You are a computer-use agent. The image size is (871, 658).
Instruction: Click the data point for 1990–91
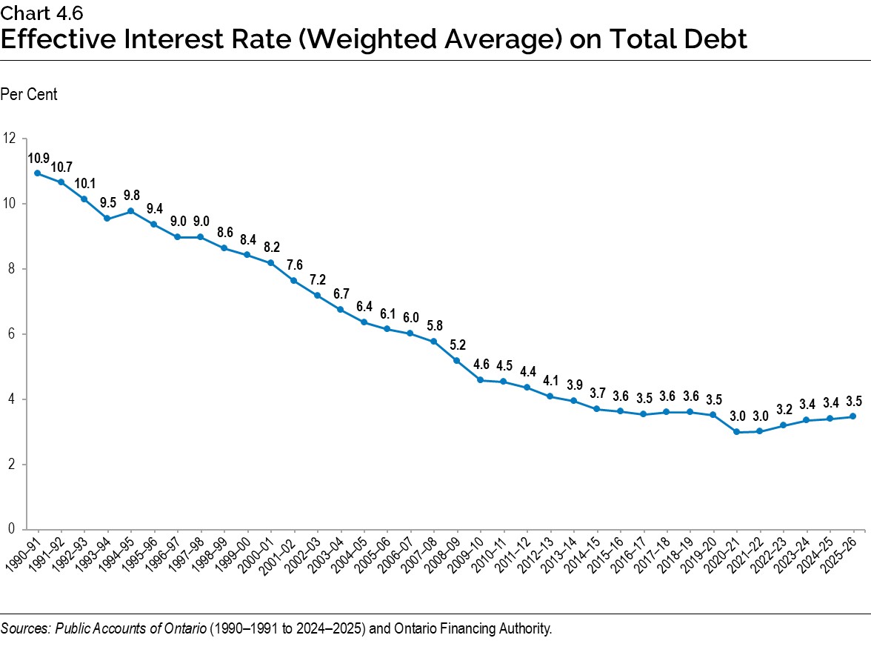click(x=37, y=173)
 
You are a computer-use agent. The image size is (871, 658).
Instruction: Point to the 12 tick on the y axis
click(x=10, y=139)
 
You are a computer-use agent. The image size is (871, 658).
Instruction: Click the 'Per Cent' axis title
click(x=29, y=95)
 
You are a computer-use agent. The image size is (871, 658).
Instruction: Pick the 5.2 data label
click(x=457, y=345)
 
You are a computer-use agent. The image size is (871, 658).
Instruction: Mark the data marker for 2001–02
click(x=294, y=281)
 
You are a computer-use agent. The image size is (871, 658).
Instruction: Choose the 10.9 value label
click(x=39, y=158)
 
